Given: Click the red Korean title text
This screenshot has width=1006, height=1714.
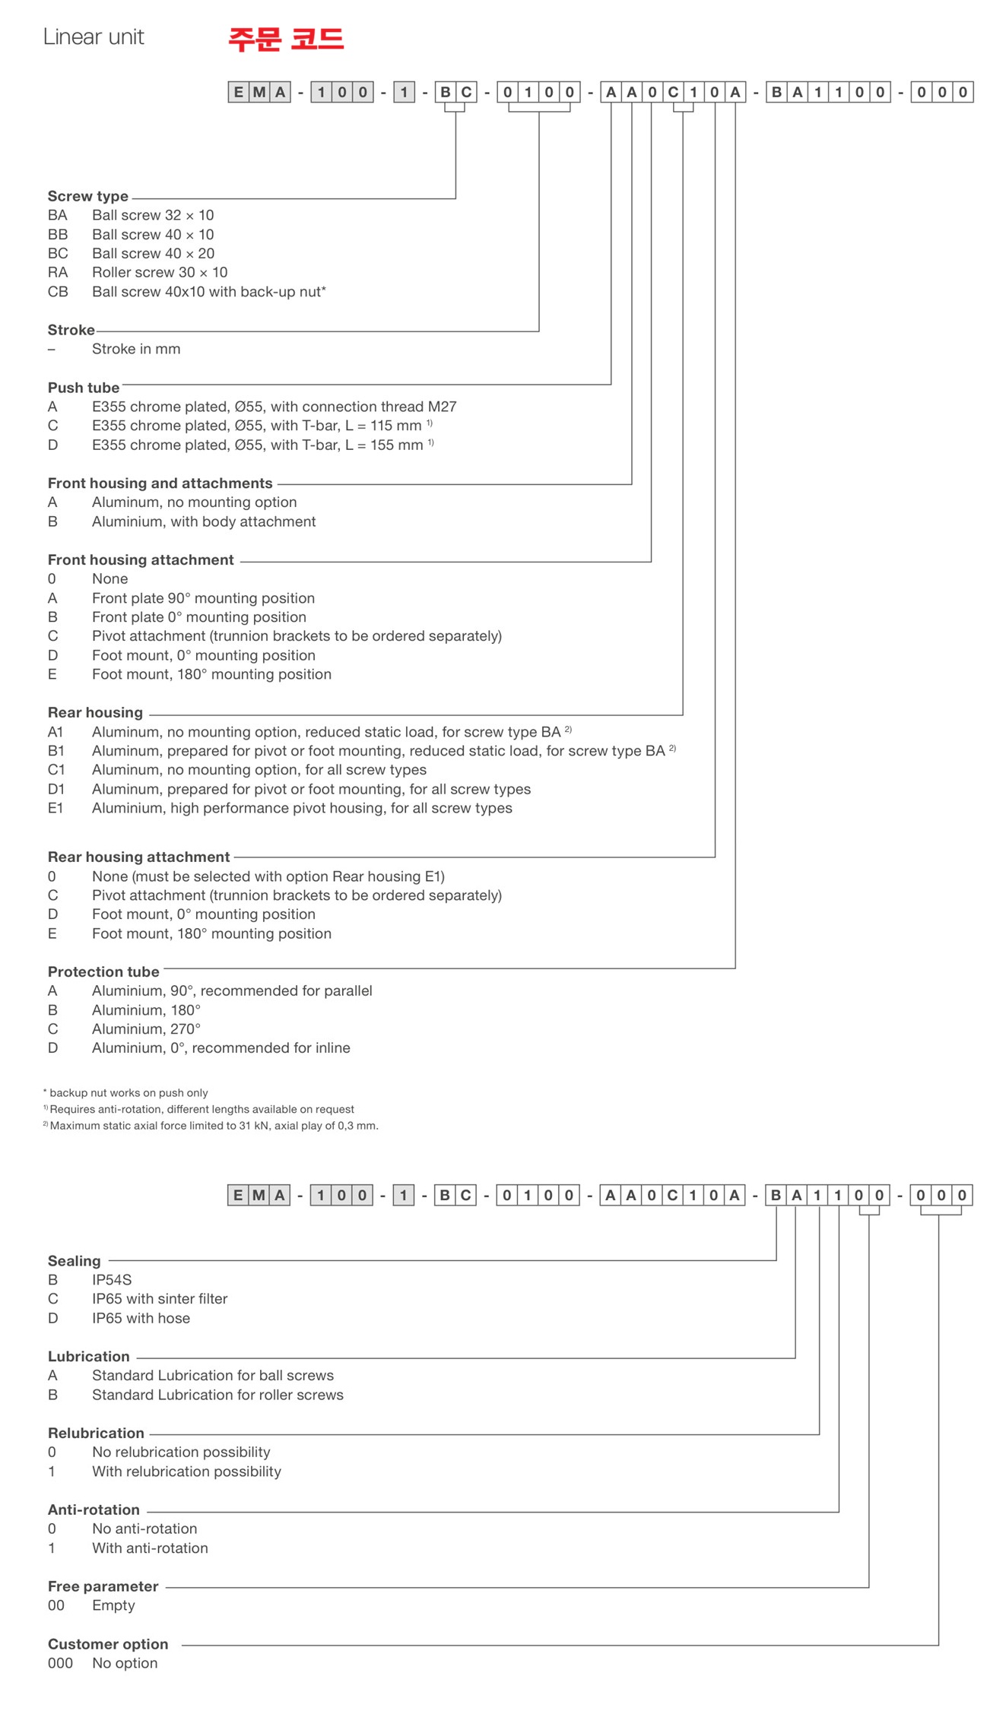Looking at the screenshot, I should [x=286, y=39].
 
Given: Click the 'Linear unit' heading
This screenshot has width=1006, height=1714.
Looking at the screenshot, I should [x=94, y=37].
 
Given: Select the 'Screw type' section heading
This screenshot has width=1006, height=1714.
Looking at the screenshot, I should [x=87, y=196].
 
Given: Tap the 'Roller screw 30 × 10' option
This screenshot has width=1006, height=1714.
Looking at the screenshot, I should [x=160, y=272].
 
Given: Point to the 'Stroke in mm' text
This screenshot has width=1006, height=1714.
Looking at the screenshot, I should [x=136, y=349].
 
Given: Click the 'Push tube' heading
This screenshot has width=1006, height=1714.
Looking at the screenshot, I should [x=83, y=388].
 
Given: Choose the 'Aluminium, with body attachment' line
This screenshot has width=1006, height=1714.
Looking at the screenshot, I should [x=204, y=521].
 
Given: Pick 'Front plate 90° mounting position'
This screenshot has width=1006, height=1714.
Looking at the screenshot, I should [x=203, y=598].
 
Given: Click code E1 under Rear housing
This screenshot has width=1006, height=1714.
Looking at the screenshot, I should [x=56, y=808].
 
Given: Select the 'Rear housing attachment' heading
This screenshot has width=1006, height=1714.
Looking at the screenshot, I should [x=138, y=857].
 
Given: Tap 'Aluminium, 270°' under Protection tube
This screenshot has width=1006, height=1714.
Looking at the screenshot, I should [x=146, y=1028].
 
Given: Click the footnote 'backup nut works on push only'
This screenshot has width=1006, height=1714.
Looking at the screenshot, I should [x=129, y=1092].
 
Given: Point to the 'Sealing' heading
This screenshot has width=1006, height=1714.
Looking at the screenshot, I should [x=74, y=1261].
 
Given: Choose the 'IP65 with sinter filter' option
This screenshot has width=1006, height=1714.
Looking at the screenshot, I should [x=160, y=1299].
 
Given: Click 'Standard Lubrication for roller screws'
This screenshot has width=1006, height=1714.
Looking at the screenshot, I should [x=217, y=1395].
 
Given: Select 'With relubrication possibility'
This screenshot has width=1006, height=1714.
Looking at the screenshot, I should [x=186, y=1472].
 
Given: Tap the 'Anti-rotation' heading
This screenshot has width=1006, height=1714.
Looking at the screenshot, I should [x=94, y=1510].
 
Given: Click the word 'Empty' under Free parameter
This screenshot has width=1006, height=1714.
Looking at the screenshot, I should [x=113, y=1605].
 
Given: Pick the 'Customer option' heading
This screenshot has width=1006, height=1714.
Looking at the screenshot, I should [x=108, y=1644].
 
